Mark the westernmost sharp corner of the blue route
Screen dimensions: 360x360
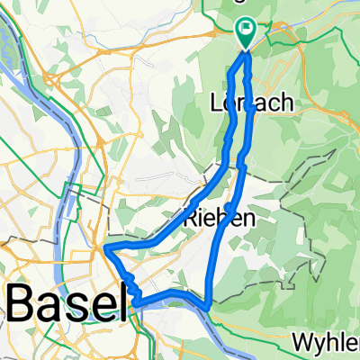pos(106,247)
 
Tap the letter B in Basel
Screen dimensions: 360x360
pos(23,306)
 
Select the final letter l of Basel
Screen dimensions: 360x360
pos(120,305)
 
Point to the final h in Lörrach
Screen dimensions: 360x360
pos(287,103)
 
